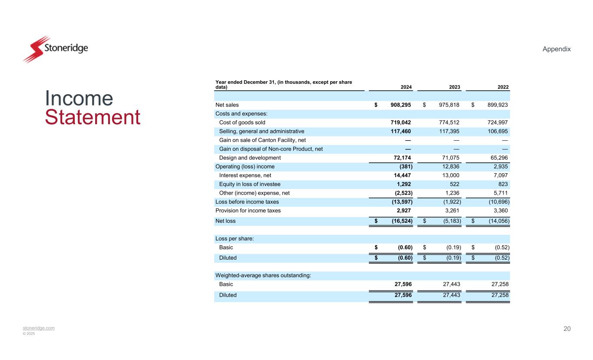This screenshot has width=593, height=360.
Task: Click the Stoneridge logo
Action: click(x=55, y=49)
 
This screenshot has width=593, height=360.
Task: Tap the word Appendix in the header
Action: click(x=557, y=49)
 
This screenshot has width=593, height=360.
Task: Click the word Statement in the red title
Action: click(x=93, y=118)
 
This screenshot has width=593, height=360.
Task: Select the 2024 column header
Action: click(x=406, y=87)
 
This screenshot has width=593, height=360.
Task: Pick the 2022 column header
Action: click(x=503, y=87)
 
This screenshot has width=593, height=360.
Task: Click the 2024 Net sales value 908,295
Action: click(x=398, y=105)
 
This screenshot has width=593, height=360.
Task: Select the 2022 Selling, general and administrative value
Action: click(x=496, y=131)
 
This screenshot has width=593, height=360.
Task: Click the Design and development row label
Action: click(x=250, y=158)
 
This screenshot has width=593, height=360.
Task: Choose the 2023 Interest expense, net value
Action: click(x=450, y=175)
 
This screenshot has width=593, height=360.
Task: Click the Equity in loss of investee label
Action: click(x=249, y=184)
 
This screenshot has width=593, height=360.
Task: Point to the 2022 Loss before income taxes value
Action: click(x=496, y=202)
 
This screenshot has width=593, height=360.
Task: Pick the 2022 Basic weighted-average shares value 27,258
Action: click(x=498, y=284)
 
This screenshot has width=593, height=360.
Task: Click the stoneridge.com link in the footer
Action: click(x=39, y=328)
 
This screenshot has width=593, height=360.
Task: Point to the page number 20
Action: click(x=567, y=329)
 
